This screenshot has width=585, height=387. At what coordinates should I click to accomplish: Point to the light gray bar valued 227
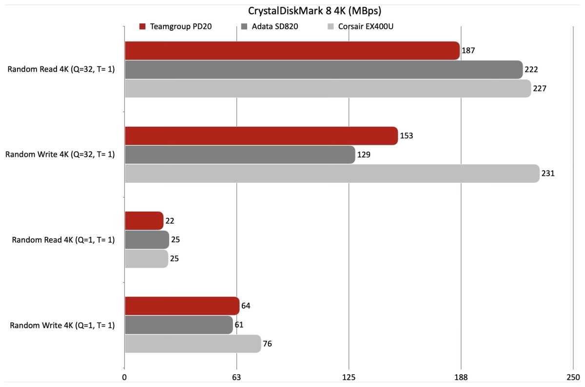[328, 89]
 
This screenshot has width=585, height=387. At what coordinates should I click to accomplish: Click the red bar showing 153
[261, 135]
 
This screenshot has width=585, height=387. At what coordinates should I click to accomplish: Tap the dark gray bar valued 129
[239, 155]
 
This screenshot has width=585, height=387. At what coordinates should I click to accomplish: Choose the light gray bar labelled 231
[331, 174]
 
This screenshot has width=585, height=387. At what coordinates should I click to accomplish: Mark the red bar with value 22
[144, 221]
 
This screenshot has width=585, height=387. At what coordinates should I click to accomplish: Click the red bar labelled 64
[182, 306]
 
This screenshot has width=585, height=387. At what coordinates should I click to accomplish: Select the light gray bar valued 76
[193, 344]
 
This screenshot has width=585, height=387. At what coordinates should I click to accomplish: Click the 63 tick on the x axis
[237, 377]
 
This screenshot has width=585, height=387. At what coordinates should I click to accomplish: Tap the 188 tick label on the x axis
[461, 377]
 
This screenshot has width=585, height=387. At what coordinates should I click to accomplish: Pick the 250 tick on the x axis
[573, 377]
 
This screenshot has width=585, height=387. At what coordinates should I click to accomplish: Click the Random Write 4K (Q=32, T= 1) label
[60, 155]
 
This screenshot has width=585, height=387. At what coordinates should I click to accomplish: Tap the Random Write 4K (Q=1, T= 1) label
[62, 325]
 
